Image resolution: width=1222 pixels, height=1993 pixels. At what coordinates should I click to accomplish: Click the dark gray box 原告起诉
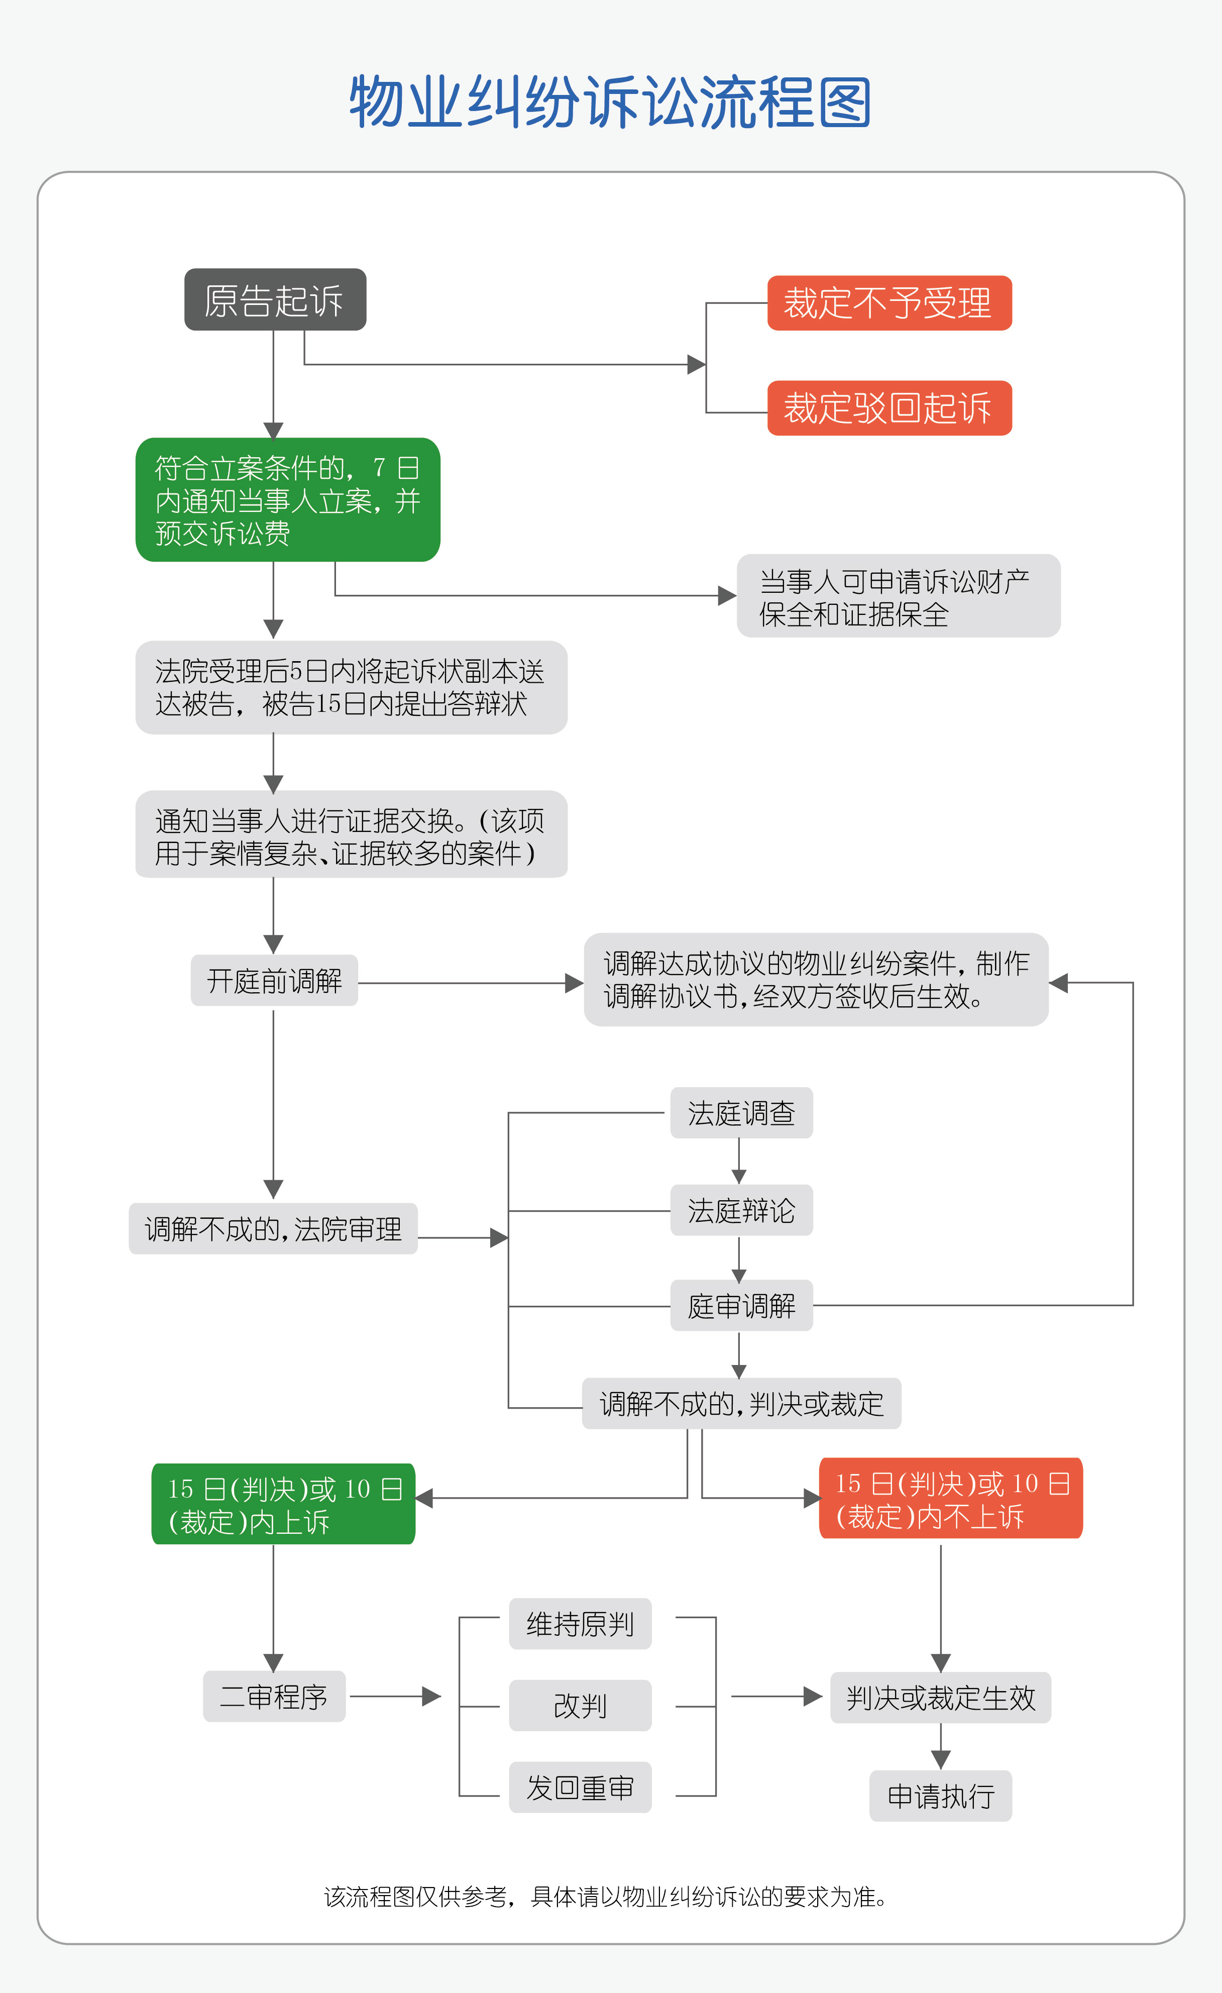tap(275, 299)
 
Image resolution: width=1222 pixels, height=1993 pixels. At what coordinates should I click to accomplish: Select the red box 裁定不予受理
tap(889, 303)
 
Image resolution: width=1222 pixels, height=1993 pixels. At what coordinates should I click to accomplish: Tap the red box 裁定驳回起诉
tap(889, 408)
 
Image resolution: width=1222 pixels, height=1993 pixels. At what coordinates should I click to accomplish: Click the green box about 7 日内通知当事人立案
tap(287, 500)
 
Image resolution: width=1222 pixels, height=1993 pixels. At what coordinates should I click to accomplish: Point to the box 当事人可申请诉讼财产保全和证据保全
tap(898, 596)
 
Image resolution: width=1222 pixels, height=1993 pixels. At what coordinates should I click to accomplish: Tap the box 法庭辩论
tap(741, 1210)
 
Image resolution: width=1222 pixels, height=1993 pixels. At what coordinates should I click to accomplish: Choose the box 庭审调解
tap(741, 1306)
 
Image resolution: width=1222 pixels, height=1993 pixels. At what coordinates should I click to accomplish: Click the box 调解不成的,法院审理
tap(273, 1229)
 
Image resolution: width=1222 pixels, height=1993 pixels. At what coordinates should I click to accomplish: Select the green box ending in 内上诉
tap(283, 1505)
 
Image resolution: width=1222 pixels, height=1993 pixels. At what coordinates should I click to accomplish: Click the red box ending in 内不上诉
tap(950, 1499)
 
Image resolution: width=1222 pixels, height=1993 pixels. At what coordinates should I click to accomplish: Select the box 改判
tap(580, 1705)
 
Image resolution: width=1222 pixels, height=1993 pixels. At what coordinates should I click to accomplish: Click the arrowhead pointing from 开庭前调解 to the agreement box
tap(574, 984)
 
